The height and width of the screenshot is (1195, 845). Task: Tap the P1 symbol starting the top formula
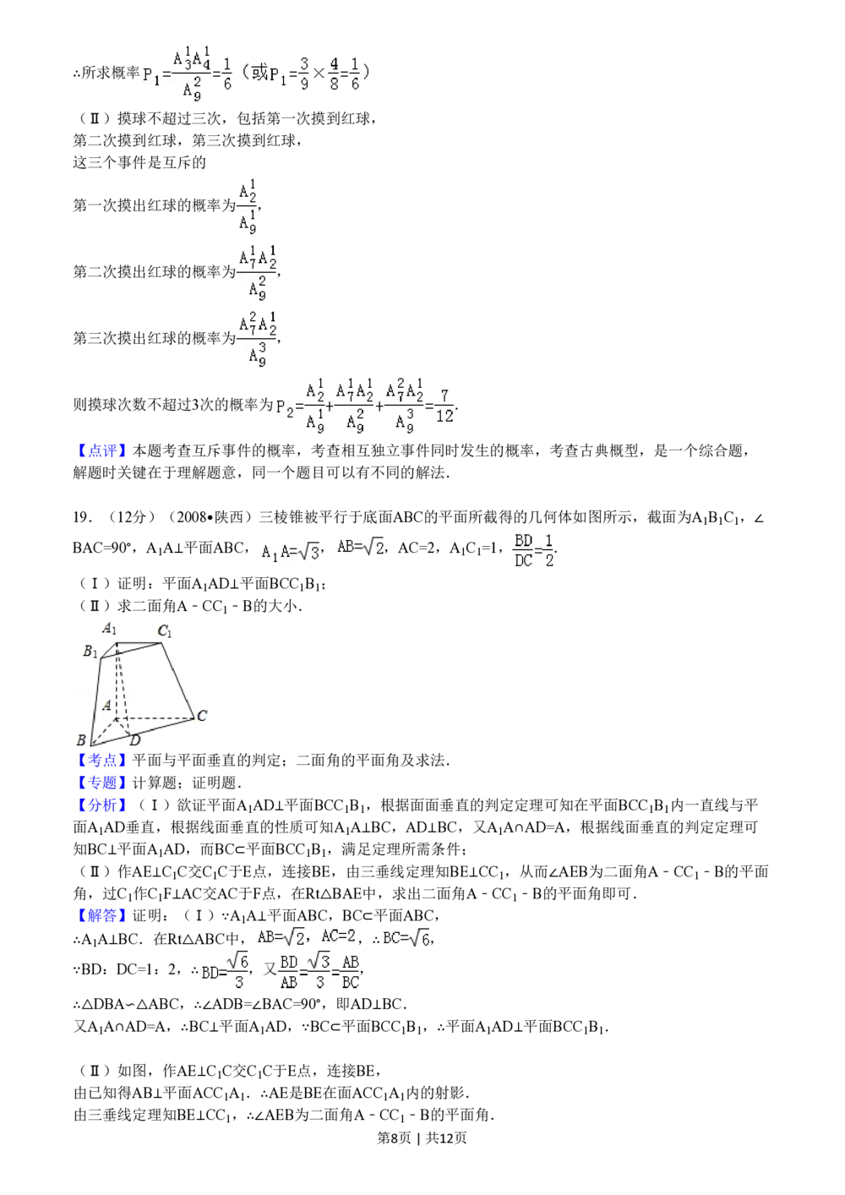tap(151, 76)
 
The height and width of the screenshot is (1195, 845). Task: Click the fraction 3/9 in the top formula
tap(303, 74)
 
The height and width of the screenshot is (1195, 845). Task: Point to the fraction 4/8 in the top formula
tap(334, 74)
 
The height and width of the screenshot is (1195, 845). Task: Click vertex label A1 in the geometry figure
tap(109, 628)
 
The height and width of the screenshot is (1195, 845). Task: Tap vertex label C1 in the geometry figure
tap(165, 630)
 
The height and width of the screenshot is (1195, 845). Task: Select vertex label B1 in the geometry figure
tap(90, 651)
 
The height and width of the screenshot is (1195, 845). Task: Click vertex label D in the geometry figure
tap(134, 741)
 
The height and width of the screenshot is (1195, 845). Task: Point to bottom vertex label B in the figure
tap(81, 740)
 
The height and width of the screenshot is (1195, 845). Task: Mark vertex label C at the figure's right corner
tap(202, 717)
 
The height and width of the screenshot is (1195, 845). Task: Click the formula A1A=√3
tap(290, 553)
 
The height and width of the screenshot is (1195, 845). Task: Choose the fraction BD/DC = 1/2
tap(531, 550)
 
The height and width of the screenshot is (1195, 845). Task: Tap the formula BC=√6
tap(406, 938)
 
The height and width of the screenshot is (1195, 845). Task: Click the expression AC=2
tap(338, 936)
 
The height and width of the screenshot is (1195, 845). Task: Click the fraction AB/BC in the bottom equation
tap(350, 972)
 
